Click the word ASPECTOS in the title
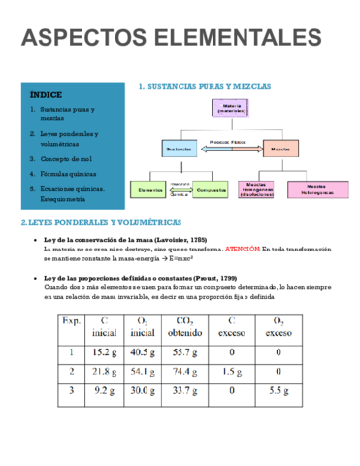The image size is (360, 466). tap(86, 38)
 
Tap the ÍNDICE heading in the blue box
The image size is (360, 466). tap(47, 95)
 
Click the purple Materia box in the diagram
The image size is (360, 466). tap(233, 107)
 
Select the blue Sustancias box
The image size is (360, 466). tap(180, 149)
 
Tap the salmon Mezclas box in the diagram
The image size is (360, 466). tap(280, 149)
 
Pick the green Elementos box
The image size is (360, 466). tap(150, 190)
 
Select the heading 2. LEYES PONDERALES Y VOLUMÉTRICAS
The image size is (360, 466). tap(92, 223)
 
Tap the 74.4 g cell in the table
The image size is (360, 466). tap(181, 371)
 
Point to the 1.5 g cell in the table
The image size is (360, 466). tap(230, 371)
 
